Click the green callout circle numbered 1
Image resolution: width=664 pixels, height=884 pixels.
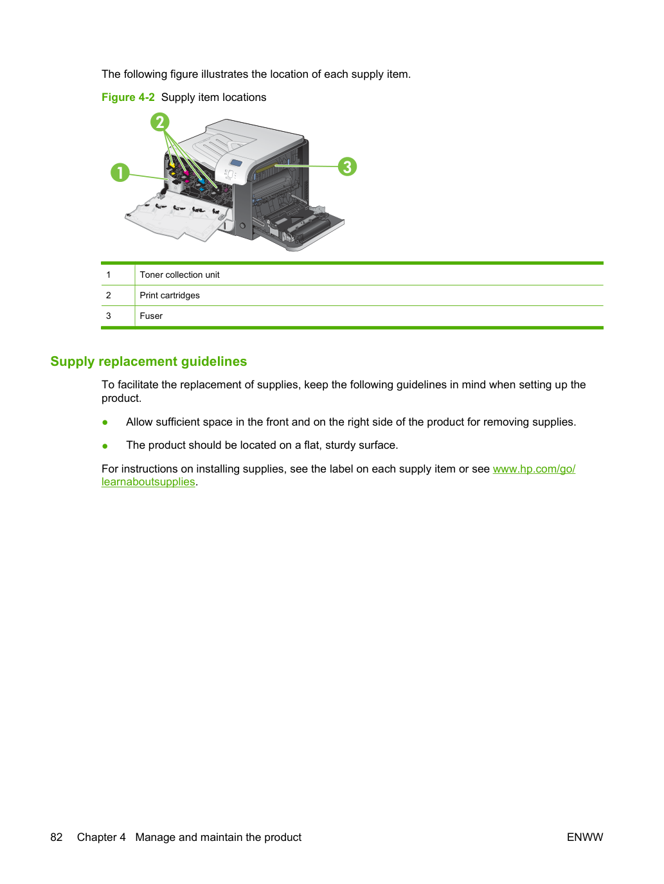(x=120, y=172)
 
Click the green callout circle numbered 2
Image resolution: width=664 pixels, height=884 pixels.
(x=160, y=122)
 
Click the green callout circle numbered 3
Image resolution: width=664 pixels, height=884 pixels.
(x=347, y=167)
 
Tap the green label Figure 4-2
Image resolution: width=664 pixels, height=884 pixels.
(x=128, y=98)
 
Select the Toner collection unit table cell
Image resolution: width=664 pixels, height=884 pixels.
(x=179, y=275)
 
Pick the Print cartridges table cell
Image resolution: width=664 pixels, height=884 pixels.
(x=170, y=295)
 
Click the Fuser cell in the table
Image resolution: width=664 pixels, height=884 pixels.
(x=151, y=316)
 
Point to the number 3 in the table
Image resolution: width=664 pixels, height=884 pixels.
(x=109, y=316)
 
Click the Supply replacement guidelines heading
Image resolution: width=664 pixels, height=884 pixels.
(x=148, y=361)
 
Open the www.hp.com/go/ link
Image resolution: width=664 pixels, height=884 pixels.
(x=534, y=469)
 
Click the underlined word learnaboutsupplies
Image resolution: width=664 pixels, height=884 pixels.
(x=148, y=482)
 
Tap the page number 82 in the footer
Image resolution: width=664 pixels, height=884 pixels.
(x=57, y=837)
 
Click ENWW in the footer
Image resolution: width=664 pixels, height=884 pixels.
(x=585, y=837)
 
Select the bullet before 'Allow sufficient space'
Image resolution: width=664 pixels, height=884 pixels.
(x=105, y=422)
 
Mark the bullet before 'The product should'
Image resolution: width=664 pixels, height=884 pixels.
(x=105, y=446)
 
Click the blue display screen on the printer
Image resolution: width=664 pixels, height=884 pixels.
(x=236, y=163)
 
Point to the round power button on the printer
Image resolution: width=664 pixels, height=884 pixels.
(x=242, y=226)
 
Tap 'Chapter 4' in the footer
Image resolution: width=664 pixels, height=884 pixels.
(x=101, y=837)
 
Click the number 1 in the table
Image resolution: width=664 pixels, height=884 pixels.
(x=109, y=275)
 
